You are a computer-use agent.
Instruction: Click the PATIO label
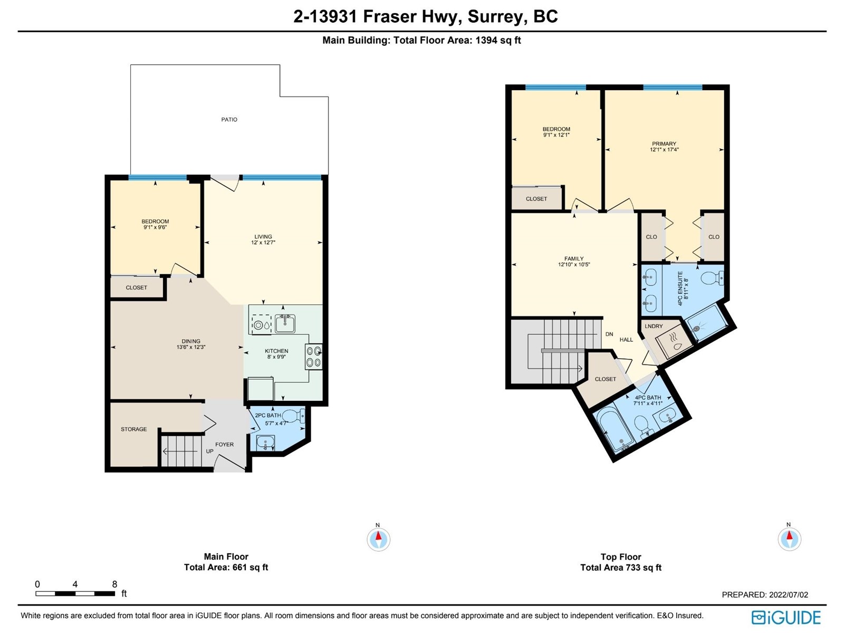pyautogui.click(x=229, y=120)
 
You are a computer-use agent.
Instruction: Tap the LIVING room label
pyautogui.click(x=263, y=237)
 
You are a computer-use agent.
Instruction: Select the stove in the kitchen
pyautogui.click(x=314, y=356)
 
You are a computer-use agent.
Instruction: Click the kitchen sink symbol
pyautogui.click(x=285, y=323)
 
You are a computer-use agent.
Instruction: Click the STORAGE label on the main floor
pyautogui.click(x=134, y=429)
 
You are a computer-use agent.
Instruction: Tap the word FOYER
pyautogui.click(x=225, y=444)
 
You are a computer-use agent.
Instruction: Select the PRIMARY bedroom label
pyautogui.click(x=664, y=143)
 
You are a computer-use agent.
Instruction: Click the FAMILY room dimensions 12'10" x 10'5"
pyautogui.click(x=574, y=264)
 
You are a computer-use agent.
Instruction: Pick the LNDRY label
pyautogui.click(x=654, y=326)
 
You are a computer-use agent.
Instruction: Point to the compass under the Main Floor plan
pyautogui.click(x=378, y=539)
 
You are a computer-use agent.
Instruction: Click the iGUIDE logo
pyautogui.click(x=787, y=618)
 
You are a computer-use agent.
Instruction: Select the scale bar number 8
pyautogui.click(x=114, y=584)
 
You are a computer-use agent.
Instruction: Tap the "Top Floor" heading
pyautogui.click(x=621, y=557)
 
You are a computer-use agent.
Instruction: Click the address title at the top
pyautogui.click(x=426, y=16)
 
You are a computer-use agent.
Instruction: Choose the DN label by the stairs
pyautogui.click(x=609, y=334)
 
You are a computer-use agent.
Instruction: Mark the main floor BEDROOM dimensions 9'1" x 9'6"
pyautogui.click(x=155, y=227)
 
